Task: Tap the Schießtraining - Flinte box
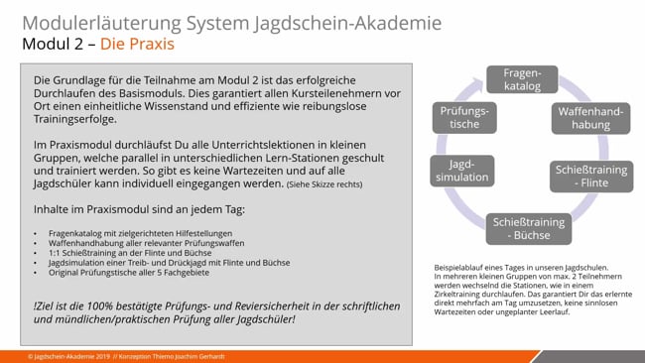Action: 590,177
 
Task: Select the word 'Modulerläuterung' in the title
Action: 95,22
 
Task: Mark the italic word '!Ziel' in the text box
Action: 46,302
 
